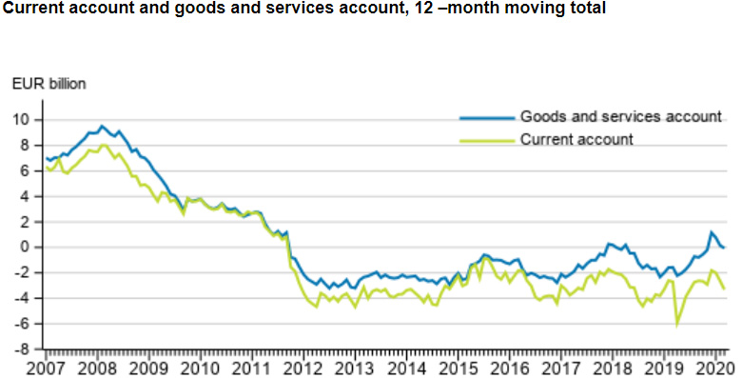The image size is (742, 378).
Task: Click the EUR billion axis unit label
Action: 49,84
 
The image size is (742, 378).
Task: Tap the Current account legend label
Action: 576,139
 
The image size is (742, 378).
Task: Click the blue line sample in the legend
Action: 486,118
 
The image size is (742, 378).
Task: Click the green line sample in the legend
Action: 486,140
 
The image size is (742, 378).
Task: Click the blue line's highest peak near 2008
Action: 103,126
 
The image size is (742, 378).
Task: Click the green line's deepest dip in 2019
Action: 676,325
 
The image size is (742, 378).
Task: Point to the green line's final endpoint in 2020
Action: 725,288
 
